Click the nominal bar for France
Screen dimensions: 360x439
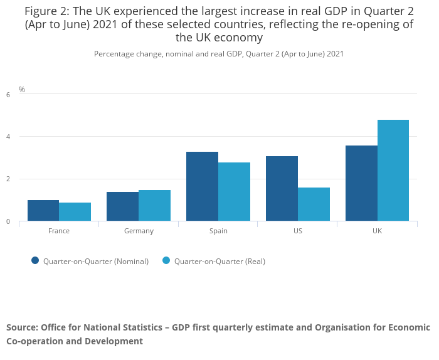(x=43, y=211)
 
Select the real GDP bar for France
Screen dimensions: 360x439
(x=75, y=212)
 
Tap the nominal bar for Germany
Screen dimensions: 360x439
(x=122, y=206)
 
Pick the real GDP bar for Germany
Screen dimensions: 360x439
(x=154, y=206)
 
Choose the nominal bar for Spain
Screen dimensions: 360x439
(x=202, y=186)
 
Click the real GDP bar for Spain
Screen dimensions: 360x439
(x=234, y=191)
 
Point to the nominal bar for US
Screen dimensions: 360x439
(x=282, y=188)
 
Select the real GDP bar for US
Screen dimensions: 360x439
(x=314, y=204)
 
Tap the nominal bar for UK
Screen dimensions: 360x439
(x=361, y=183)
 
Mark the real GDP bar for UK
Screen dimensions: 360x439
(x=393, y=171)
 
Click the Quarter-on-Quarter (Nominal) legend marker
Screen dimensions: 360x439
(x=35, y=261)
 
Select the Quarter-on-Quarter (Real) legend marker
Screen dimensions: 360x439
(x=166, y=261)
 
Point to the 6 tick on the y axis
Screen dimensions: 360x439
(x=8, y=95)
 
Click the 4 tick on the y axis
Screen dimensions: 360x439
(x=8, y=137)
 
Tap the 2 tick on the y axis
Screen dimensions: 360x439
(x=8, y=179)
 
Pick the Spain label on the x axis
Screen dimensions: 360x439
(x=218, y=231)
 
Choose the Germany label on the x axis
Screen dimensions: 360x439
(x=139, y=231)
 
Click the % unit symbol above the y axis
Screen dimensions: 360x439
(x=22, y=90)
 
